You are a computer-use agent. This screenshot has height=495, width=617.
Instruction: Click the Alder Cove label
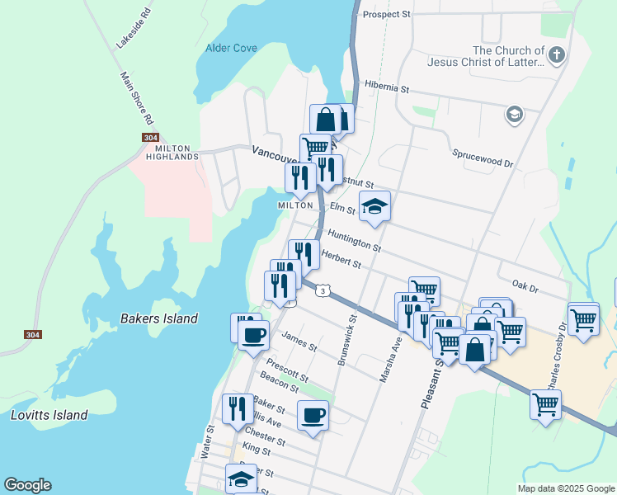(x=231, y=48)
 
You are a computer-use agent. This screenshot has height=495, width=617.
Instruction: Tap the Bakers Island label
(x=159, y=318)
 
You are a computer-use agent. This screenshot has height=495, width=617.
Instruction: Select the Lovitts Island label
(x=49, y=415)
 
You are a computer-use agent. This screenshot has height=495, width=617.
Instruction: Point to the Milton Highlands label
(x=172, y=151)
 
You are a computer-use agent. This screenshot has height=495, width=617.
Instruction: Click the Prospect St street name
(x=386, y=15)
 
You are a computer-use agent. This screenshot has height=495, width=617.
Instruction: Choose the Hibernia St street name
(x=386, y=87)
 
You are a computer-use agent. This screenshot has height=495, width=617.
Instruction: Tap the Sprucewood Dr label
(x=483, y=158)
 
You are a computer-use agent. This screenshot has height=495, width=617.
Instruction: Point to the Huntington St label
(x=354, y=241)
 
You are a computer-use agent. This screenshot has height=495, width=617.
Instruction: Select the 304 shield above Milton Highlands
(x=149, y=138)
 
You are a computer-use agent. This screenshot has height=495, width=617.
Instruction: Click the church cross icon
(x=557, y=56)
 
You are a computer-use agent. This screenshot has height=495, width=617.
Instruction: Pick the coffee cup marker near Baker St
(x=312, y=415)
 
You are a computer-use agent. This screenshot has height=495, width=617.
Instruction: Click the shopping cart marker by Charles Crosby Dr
(x=545, y=404)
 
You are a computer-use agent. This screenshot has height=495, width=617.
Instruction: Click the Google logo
(x=27, y=485)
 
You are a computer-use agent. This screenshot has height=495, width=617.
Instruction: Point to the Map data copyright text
(x=565, y=488)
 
